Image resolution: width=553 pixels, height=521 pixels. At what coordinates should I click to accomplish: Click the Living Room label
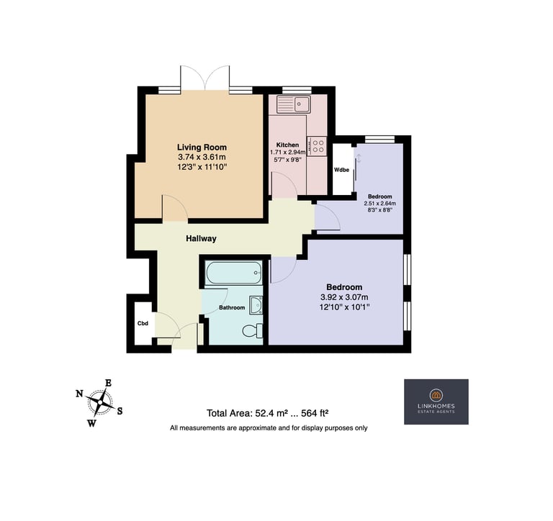202,148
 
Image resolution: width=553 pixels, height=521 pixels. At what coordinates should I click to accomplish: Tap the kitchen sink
294,104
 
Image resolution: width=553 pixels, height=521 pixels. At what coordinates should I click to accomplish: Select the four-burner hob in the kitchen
317,146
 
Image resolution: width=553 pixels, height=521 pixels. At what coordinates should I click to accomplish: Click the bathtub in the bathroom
233,273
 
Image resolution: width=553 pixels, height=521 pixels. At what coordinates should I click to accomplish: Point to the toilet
253,330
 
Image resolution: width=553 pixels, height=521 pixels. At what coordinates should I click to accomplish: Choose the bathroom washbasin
256,305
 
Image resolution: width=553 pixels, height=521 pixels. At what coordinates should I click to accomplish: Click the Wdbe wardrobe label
341,170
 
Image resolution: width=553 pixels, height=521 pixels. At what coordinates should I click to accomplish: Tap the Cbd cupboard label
143,323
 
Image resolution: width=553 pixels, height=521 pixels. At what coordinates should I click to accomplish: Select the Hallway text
201,239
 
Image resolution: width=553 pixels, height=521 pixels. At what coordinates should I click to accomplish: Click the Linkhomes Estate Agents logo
436,402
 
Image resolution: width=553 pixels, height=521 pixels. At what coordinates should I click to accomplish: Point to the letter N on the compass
79,394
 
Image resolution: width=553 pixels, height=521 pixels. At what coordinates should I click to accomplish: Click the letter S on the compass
120,411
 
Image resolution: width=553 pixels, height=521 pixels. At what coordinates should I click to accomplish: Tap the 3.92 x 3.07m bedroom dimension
344,297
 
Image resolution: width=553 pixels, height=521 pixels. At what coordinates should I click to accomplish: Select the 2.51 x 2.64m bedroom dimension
380,204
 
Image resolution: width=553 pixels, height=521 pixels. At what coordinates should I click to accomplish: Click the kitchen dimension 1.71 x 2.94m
288,153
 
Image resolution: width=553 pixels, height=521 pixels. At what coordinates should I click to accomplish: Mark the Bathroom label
232,308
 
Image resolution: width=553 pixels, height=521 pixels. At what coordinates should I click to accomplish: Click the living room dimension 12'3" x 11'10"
202,167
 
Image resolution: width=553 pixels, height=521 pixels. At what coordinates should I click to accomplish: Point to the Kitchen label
287,145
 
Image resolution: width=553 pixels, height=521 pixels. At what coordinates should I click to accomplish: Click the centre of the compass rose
101,402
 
